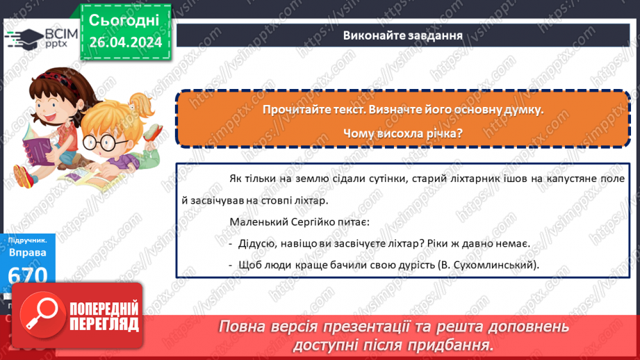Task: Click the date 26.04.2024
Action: tap(126, 42)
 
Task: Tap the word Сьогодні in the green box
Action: tap(124, 20)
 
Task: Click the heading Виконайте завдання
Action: tap(403, 35)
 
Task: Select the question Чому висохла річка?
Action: tap(403, 133)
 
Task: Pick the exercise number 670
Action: tap(27, 275)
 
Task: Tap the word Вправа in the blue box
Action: tap(27, 253)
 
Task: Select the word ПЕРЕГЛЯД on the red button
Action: tap(104, 325)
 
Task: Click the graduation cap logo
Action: tap(24, 39)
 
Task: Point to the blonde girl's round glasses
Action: tap(104, 142)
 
